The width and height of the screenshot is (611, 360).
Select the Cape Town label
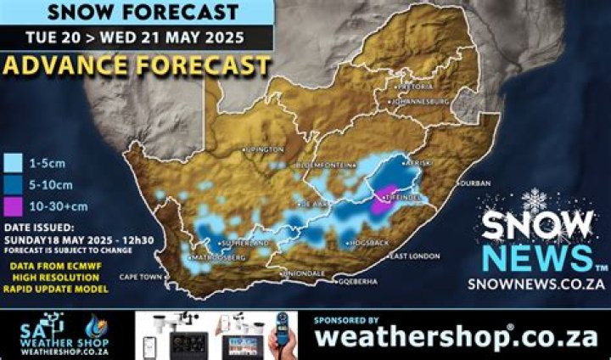[138, 277]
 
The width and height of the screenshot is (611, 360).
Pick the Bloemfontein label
[327, 164]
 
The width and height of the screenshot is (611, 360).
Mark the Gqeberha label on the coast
[358, 281]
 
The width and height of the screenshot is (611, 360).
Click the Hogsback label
[368, 243]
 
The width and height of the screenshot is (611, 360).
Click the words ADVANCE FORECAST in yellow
[136, 65]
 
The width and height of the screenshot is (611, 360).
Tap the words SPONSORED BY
[346, 321]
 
